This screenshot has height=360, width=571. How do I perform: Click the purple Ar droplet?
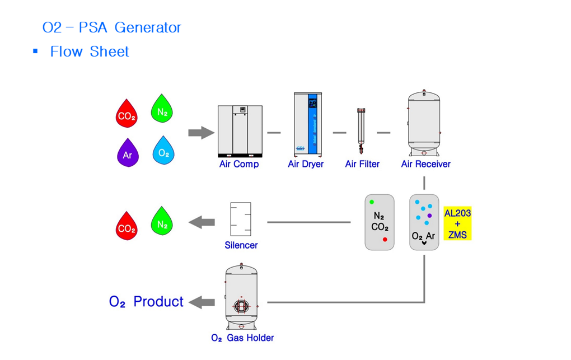point(128,153)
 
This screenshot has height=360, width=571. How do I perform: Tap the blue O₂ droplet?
point(163,151)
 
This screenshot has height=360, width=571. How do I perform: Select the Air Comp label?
point(239,164)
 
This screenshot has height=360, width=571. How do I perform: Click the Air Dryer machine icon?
point(308,124)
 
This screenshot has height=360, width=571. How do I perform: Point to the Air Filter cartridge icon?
point(361,131)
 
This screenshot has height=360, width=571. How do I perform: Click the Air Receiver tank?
point(424,123)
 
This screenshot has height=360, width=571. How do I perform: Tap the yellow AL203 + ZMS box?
point(457,223)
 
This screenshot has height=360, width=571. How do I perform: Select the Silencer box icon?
point(241,219)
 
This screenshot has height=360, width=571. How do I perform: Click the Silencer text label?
point(241,245)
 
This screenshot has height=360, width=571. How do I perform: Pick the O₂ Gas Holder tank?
point(241,296)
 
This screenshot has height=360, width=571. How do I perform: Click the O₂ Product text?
point(146,302)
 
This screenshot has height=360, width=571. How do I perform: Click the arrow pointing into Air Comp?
point(202,133)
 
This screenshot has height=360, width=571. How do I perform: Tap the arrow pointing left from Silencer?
point(202,222)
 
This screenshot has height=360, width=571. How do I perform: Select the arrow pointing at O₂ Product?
point(202,302)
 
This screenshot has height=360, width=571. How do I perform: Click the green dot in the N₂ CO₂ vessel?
point(372,202)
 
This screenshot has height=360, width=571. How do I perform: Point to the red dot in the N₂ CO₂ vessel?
point(385,240)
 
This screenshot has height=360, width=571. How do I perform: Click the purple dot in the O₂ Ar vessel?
point(430,216)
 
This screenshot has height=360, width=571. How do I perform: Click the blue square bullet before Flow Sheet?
point(35,51)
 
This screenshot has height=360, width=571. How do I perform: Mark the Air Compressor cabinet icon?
point(240,131)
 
